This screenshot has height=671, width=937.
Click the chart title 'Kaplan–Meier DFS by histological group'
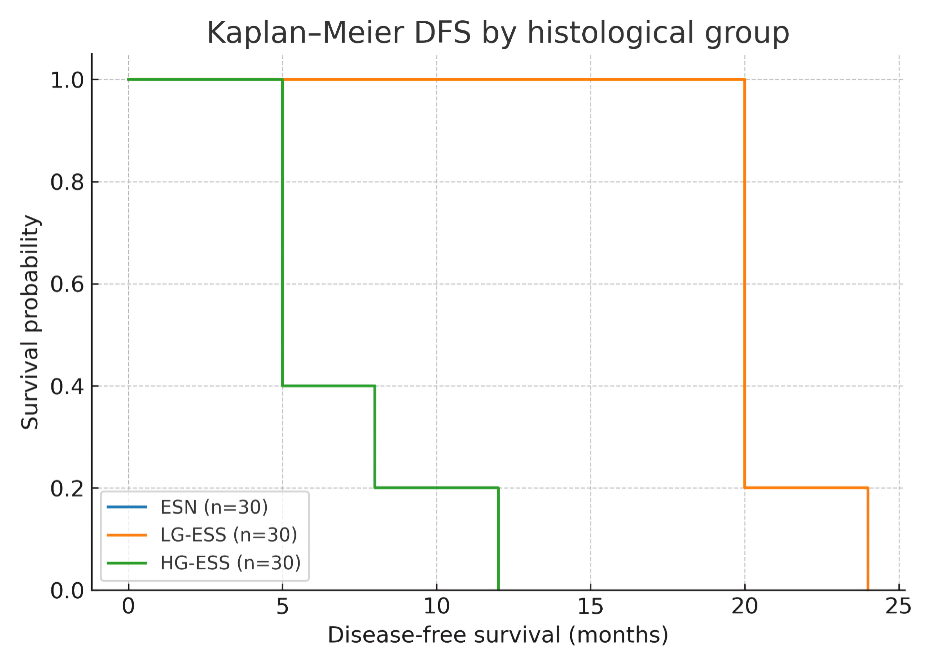[498, 33]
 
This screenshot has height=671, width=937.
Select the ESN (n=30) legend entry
[214, 507]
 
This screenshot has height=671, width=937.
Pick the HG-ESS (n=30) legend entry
[230, 563]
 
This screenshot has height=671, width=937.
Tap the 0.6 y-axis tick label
[67, 284]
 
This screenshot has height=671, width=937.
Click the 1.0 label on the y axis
[67, 80]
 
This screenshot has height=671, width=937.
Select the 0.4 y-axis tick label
[67, 386]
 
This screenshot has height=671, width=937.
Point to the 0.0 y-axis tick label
[67, 591]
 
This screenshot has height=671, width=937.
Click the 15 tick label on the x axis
[590, 607]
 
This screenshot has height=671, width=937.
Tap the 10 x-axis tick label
[436, 607]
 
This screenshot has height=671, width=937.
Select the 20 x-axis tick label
[744, 607]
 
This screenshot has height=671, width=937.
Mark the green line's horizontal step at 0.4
[329, 386]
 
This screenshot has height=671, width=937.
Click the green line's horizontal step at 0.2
[436, 488]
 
